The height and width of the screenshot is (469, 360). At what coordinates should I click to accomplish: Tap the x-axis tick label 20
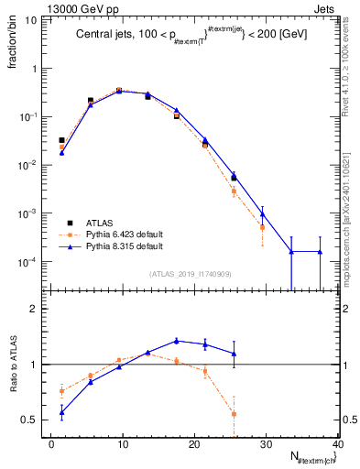click(195, 444)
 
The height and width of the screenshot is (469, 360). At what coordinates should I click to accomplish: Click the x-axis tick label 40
click(338, 444)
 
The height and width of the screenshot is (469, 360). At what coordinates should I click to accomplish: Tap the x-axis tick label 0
click(52, 444)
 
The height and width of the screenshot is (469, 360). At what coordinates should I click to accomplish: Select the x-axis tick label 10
click(124, 444)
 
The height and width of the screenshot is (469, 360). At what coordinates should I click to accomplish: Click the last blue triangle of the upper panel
click(320, 252)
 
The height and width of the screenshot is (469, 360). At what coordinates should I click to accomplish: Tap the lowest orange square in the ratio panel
click(234, 414)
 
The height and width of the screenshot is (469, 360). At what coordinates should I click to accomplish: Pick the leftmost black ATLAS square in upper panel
click(61, 140)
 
